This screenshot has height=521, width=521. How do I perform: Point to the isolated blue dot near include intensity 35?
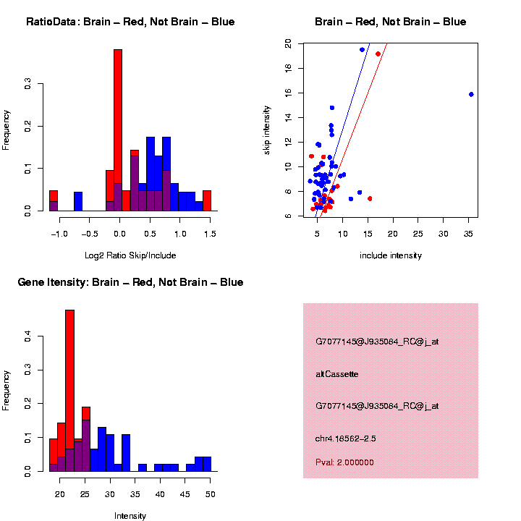tap(471, 94)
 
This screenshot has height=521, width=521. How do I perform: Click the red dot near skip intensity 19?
tap(378, 54)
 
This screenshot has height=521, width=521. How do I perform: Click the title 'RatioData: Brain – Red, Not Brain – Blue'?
tap(130, 22)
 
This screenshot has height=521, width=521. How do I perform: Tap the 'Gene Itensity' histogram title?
tap(130, 282)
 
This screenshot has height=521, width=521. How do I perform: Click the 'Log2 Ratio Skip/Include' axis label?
tap(130, 255)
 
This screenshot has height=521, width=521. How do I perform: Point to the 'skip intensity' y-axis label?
tap(267, 130)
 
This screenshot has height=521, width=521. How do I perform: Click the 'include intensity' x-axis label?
tap(391, 255)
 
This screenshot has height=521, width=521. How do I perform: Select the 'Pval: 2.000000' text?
tap(344, 462)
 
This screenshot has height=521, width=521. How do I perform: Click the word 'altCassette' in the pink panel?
tap(337, 374)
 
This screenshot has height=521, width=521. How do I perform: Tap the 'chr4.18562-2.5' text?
tap(346, 439)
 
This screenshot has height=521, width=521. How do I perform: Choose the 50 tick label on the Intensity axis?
tap(210, 494)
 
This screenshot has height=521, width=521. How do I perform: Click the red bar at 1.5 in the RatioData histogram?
tap(207, 200)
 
